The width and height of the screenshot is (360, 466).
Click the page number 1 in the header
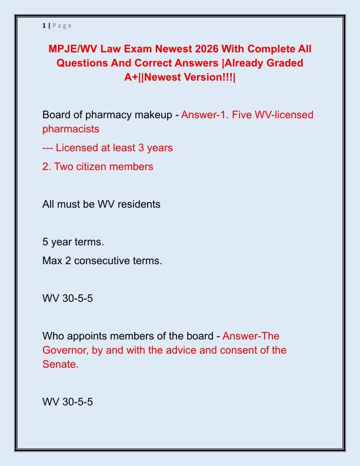44,25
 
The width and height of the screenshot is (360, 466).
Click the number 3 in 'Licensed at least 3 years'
144,148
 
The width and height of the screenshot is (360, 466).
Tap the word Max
53,260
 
